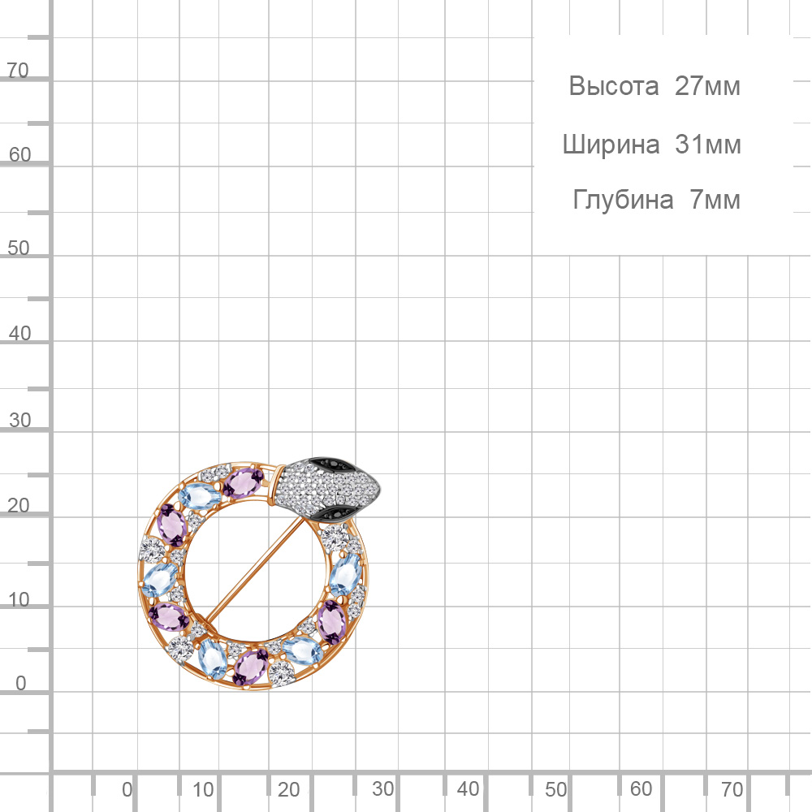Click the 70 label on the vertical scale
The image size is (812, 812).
click(x=18, y=71)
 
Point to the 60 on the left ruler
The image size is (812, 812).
click(x=19, y=155)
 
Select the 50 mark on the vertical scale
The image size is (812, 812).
click(x=19, y=248)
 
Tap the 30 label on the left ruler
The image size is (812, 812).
click(x=19, y=420)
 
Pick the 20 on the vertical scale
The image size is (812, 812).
click(x=19, y=505)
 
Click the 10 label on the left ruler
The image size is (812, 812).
click(x=19, y=600)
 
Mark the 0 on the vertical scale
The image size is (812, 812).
click(x=21, y=683)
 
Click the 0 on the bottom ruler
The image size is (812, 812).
click(x=127, y=790)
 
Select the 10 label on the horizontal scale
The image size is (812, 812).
click(x=203, y=790)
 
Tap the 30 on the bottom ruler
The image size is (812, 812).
click(x=382, y=788)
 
